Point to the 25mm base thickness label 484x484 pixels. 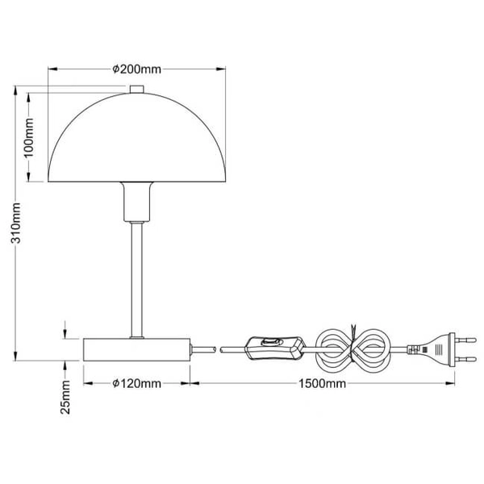coord(66,397)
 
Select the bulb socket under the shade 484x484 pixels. coord(135,202)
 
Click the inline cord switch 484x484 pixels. coord(275,349)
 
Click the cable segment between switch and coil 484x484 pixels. coord(311,349)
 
